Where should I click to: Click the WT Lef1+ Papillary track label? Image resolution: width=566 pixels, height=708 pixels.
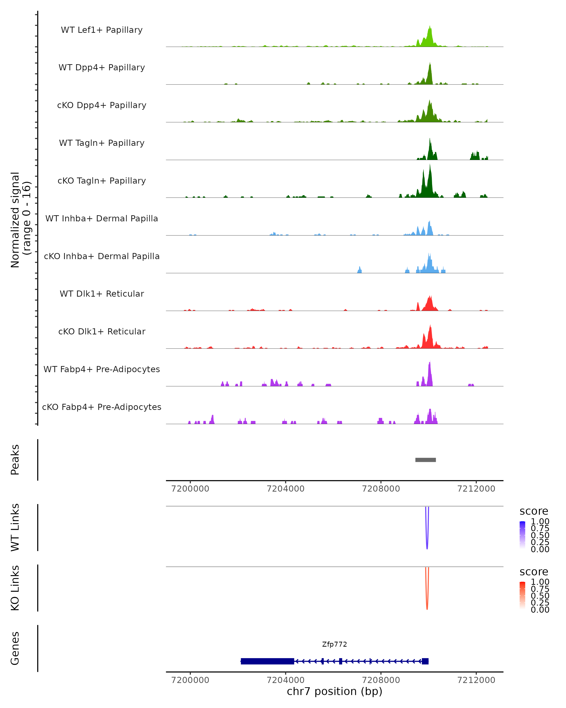102,30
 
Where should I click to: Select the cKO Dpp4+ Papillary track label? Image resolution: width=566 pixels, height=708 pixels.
102,105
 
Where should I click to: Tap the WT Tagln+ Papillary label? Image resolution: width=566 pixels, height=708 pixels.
102,143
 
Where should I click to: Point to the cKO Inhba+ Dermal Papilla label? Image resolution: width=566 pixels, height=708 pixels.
102,257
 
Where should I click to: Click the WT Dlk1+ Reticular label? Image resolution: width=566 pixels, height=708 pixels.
102,294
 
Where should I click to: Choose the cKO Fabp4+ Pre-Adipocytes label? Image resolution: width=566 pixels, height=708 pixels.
102,407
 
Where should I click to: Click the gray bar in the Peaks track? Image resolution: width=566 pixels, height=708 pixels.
426,460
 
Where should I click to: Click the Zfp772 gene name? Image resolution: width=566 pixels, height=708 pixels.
334,644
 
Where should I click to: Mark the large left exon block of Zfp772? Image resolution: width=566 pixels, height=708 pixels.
267,661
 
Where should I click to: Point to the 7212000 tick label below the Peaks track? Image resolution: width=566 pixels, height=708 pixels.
476,489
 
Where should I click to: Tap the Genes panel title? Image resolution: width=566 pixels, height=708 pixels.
15,649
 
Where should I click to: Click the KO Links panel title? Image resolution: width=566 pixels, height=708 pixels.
15,588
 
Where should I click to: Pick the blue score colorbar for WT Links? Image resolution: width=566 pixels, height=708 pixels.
522,535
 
